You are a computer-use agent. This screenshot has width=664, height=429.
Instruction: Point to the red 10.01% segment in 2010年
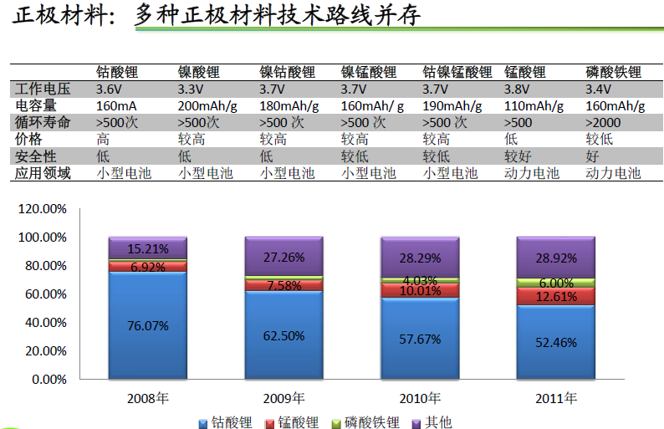tap(420, 290)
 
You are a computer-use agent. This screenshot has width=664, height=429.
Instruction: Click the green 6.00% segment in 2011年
tap(556, 283)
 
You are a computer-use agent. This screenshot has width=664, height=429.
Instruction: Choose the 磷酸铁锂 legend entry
tap(367, 422)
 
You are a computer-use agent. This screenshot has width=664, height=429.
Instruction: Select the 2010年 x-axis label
tap(420, 398)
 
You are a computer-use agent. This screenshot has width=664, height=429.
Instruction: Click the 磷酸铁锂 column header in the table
tap(613, 72)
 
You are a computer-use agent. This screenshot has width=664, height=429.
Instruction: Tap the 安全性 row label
tap(35, 156)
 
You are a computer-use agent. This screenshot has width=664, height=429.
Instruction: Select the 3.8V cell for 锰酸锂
tap(518, 89)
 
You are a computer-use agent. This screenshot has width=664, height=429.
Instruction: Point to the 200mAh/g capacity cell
tap(207, 105)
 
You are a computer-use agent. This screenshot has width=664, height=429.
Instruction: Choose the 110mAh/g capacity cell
tap(534, 105)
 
